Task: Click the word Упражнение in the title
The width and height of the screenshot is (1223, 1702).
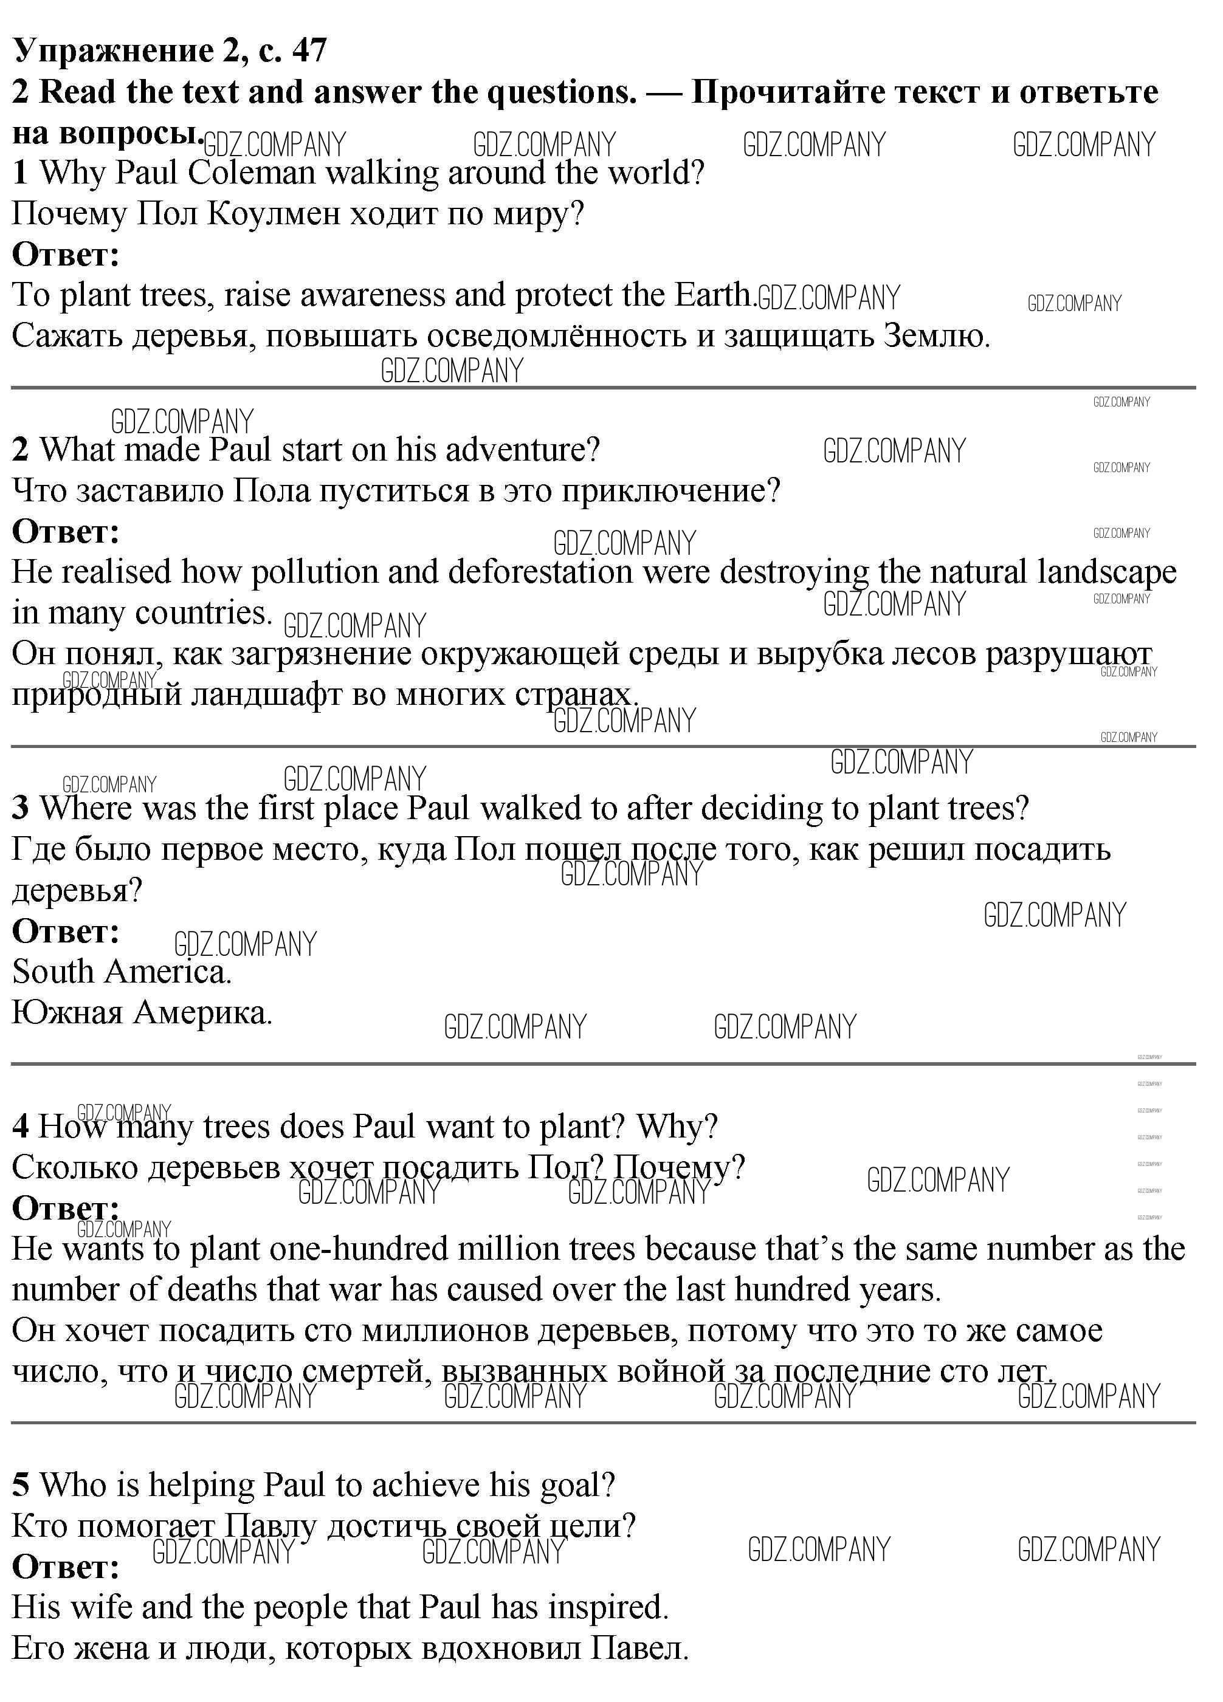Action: tap(112, 51)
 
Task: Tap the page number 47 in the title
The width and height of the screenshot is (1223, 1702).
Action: tap(309, 51)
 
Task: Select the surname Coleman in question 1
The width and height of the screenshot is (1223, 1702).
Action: tap(252, 173)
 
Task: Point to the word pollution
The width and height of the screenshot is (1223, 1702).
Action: tap(315, 572)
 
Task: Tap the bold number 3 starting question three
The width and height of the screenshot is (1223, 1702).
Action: tap(20, 809)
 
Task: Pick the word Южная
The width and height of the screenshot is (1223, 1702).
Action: tap(67, 1014)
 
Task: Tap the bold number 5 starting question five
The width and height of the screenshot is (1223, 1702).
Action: tap(20, 1485)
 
